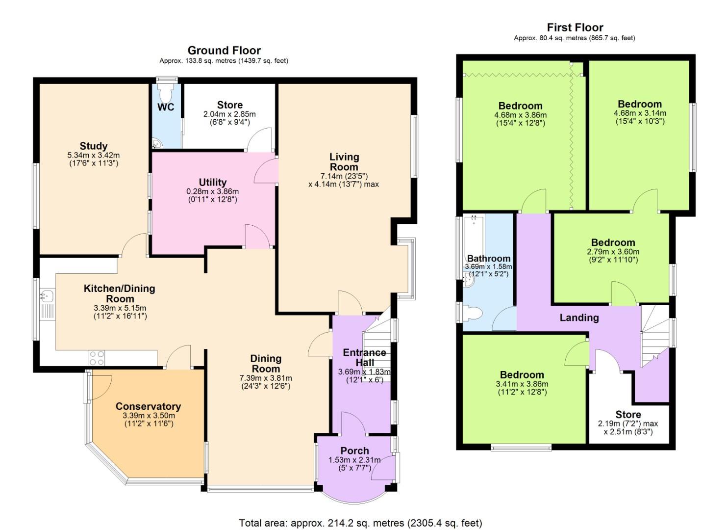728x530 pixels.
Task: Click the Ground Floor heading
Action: (x=224, y=51)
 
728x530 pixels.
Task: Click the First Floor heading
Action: (x=575, y=27)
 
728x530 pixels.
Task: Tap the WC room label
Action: (x=166, y=107)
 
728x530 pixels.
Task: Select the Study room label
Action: (x=94, y=146)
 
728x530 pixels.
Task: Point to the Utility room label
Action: (x=212, y=182)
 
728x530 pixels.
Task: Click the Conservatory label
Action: (x=148, y=406)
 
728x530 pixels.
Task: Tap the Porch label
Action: (x=354, y=450)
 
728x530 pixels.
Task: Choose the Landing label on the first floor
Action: (x=579, y=318)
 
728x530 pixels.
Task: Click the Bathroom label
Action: (x=488, y=259)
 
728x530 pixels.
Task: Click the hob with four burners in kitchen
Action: (x=97, y=358)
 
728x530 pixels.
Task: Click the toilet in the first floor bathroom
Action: (x=473, y=313)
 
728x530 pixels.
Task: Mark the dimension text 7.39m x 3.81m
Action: (x=265, y=378)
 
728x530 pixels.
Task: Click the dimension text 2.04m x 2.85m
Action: (x=229, y=114)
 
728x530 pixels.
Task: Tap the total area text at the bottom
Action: (x=360, y=523)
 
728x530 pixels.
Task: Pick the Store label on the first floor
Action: (x=628, y=415)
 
